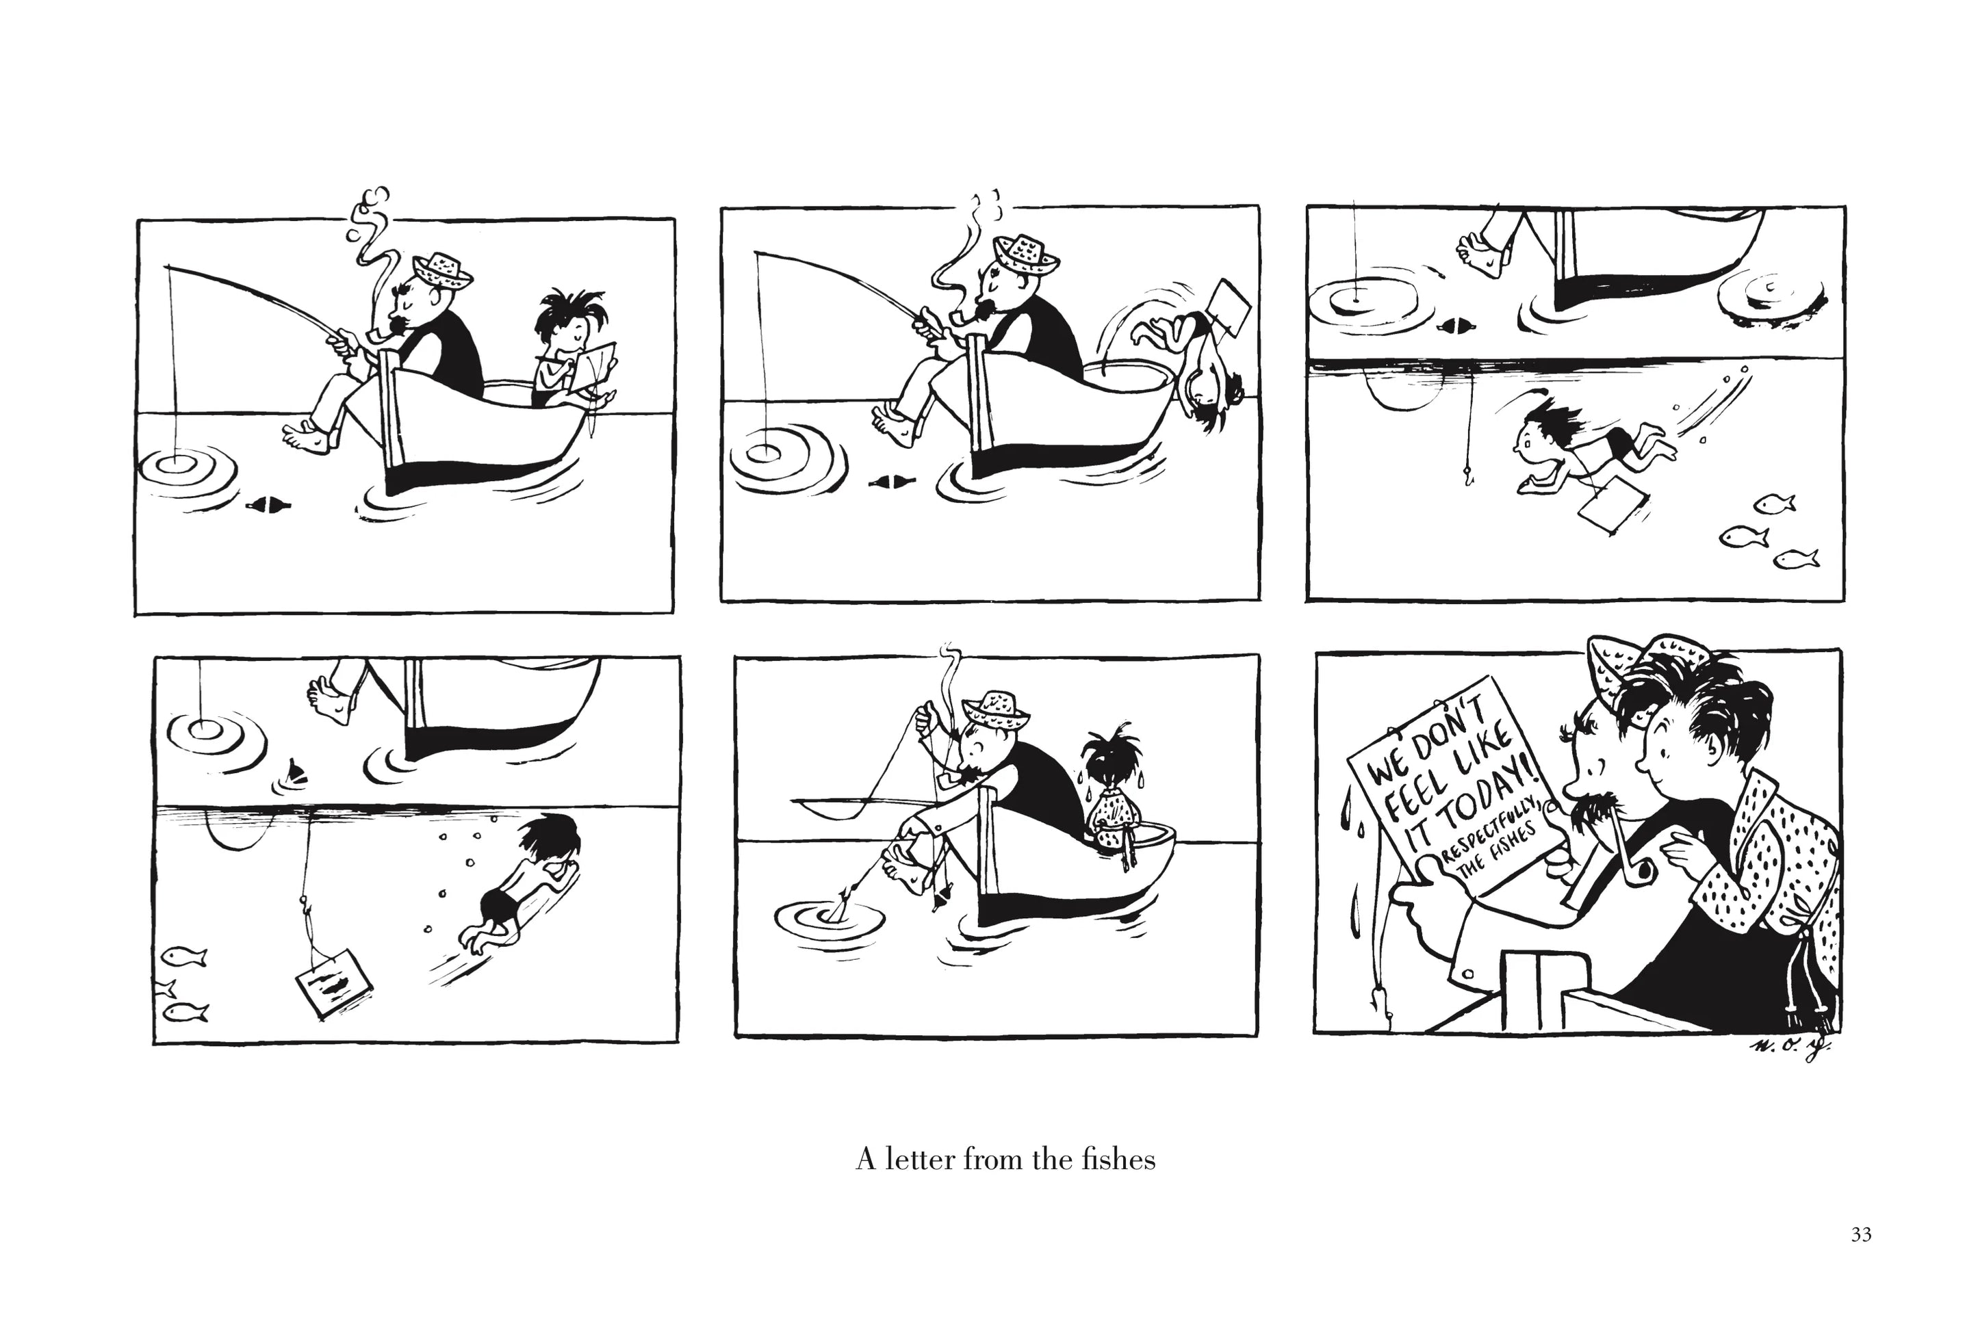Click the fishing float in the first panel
[268, 506]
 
